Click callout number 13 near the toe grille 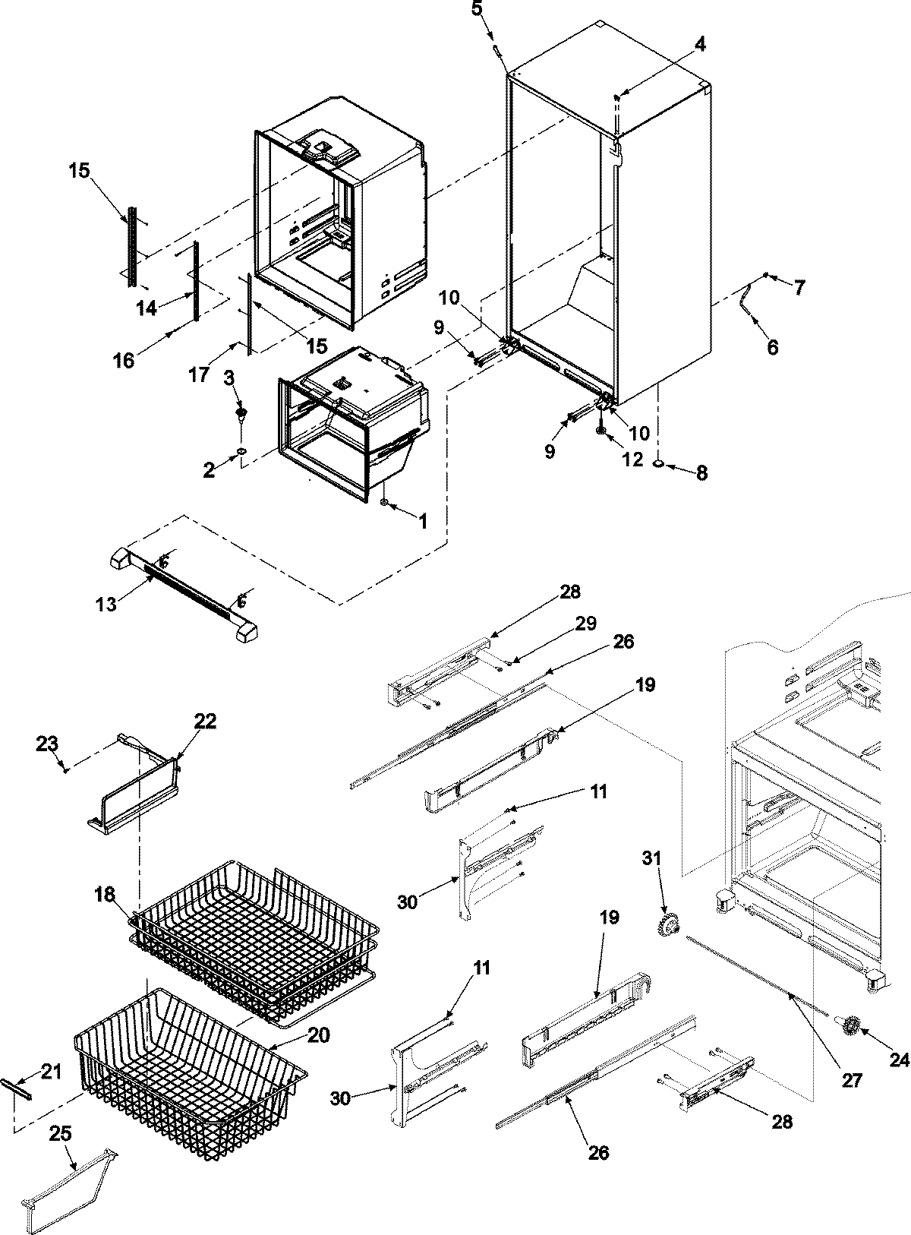pyautogui.click(x=107, y=604)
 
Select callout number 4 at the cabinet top pyautogui.click(x=699, y=45)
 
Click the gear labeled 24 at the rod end pyautogui.click(x=848, y=1028)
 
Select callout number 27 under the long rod pyautogui.click(x=852, y=1080)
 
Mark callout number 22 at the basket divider pyautogui.click(x=205, y=721)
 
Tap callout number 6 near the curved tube pyautogui.click(x=773, y=347)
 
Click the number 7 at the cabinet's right pyautogui.click(x=799, y=287)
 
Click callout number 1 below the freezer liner pyautogui.click(x=423, y=521)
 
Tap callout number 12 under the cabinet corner pyautogui.click(x=632, y=460)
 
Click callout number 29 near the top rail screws pyautogui.click(x=585, y=624)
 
